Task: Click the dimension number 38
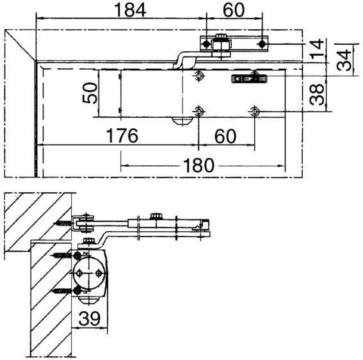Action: click(317, 94)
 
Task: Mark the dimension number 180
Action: click(199, 165)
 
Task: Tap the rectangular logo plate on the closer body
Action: click(246, 79)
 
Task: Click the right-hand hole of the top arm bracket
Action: click(261, 44)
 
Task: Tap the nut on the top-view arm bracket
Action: click(221, 44)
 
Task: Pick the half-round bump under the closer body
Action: click(182, 120)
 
